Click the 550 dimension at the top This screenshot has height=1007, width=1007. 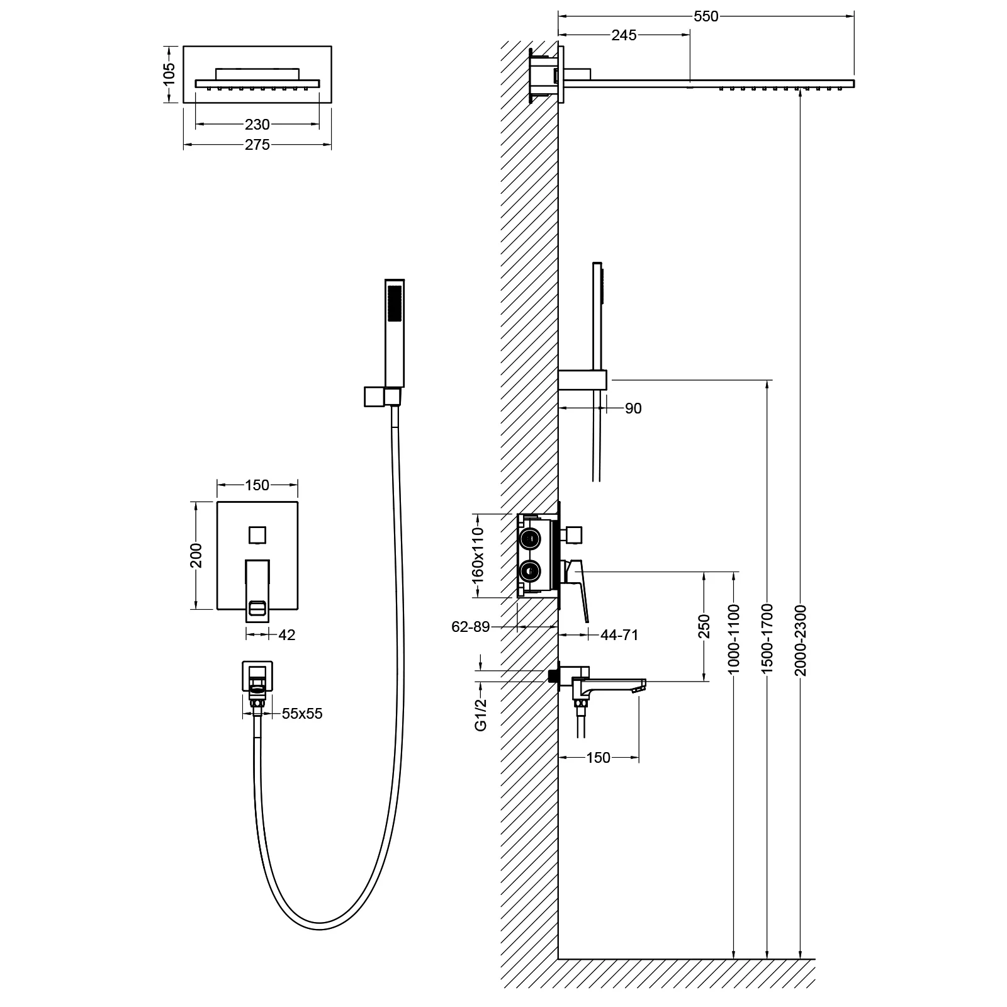(x=706, y=17)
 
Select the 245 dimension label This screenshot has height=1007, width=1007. (x=624, y=35)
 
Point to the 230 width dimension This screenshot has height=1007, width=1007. (x=257, y=125)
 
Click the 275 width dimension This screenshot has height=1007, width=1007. (x=257, y=145)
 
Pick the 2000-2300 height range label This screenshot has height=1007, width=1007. (x=800, y=640)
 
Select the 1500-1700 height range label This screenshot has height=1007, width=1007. (x=767, y=640)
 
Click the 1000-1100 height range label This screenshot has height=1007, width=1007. (x=734, y=640)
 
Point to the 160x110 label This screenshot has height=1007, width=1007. (x=478, y=554)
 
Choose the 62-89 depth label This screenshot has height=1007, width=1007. (x=470, y=627)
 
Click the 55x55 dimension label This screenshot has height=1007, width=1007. (x=302, y=714)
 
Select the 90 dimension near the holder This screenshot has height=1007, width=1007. (x=633, y=408)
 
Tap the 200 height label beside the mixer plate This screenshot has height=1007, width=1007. (x=196, y=555)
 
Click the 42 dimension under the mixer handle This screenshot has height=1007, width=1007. (x=286, y=635)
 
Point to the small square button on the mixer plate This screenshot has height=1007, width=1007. (x=257, y=534)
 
